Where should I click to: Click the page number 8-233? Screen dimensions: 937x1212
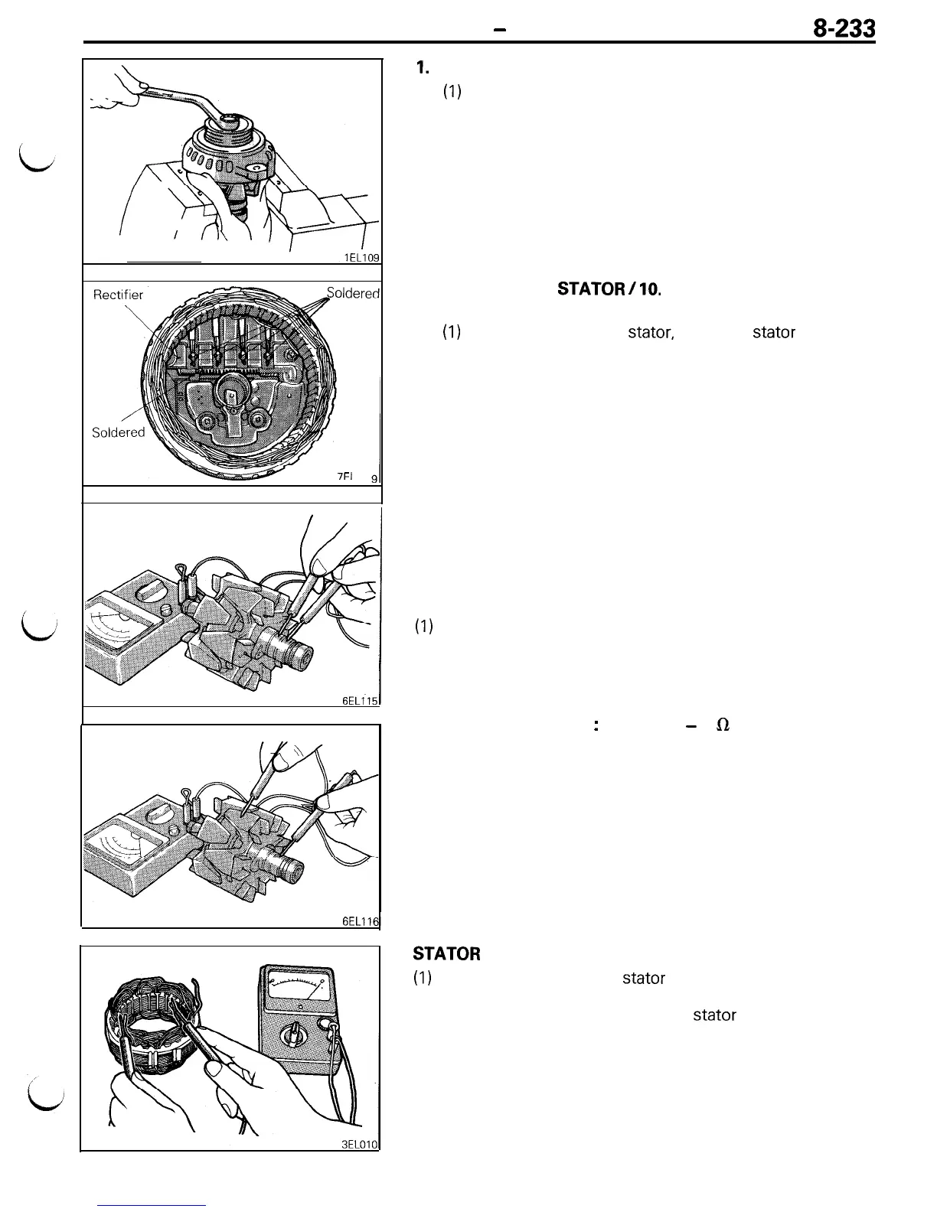(844, 30)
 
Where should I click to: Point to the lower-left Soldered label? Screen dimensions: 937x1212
(118, 432)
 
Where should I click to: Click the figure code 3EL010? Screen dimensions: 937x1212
(361, 1144)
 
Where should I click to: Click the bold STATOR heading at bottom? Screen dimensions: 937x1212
(446, 954)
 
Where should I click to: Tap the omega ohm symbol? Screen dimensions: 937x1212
(720, 725)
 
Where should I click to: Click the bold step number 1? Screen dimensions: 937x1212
(422, 68)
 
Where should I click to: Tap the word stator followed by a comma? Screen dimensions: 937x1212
(650, 333)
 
